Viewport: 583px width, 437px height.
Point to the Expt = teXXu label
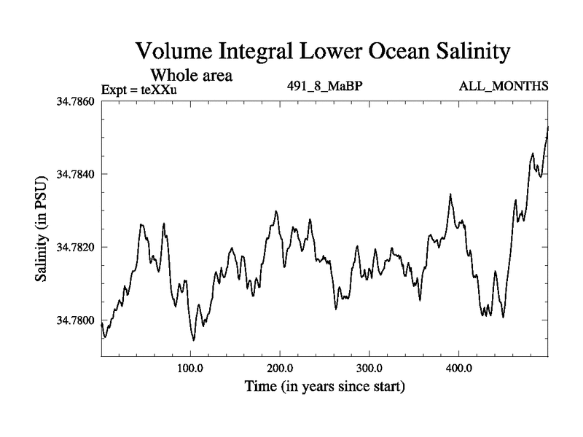tap(139, 90)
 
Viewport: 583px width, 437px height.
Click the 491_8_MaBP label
tap(325, 87)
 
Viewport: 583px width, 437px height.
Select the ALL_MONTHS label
tap(504, 87)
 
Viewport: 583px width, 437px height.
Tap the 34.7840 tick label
tap(76, 174)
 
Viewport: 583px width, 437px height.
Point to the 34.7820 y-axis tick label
tap(76, 248)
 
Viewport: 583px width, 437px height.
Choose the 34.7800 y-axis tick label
tap(76, 320)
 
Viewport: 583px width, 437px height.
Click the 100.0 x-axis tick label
tap(190, 368)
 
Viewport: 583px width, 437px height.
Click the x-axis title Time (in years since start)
tap(325, 386)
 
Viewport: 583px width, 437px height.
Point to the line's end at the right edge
tap(548, 127)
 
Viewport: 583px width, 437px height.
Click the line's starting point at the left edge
tap(101, 324)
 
